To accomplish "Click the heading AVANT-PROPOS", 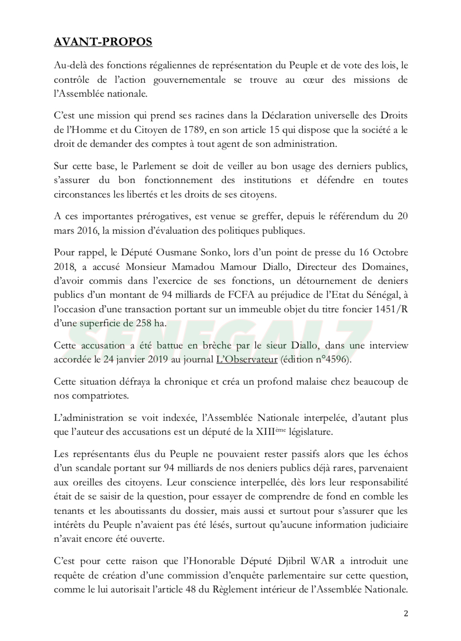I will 103,42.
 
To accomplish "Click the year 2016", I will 82,228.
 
